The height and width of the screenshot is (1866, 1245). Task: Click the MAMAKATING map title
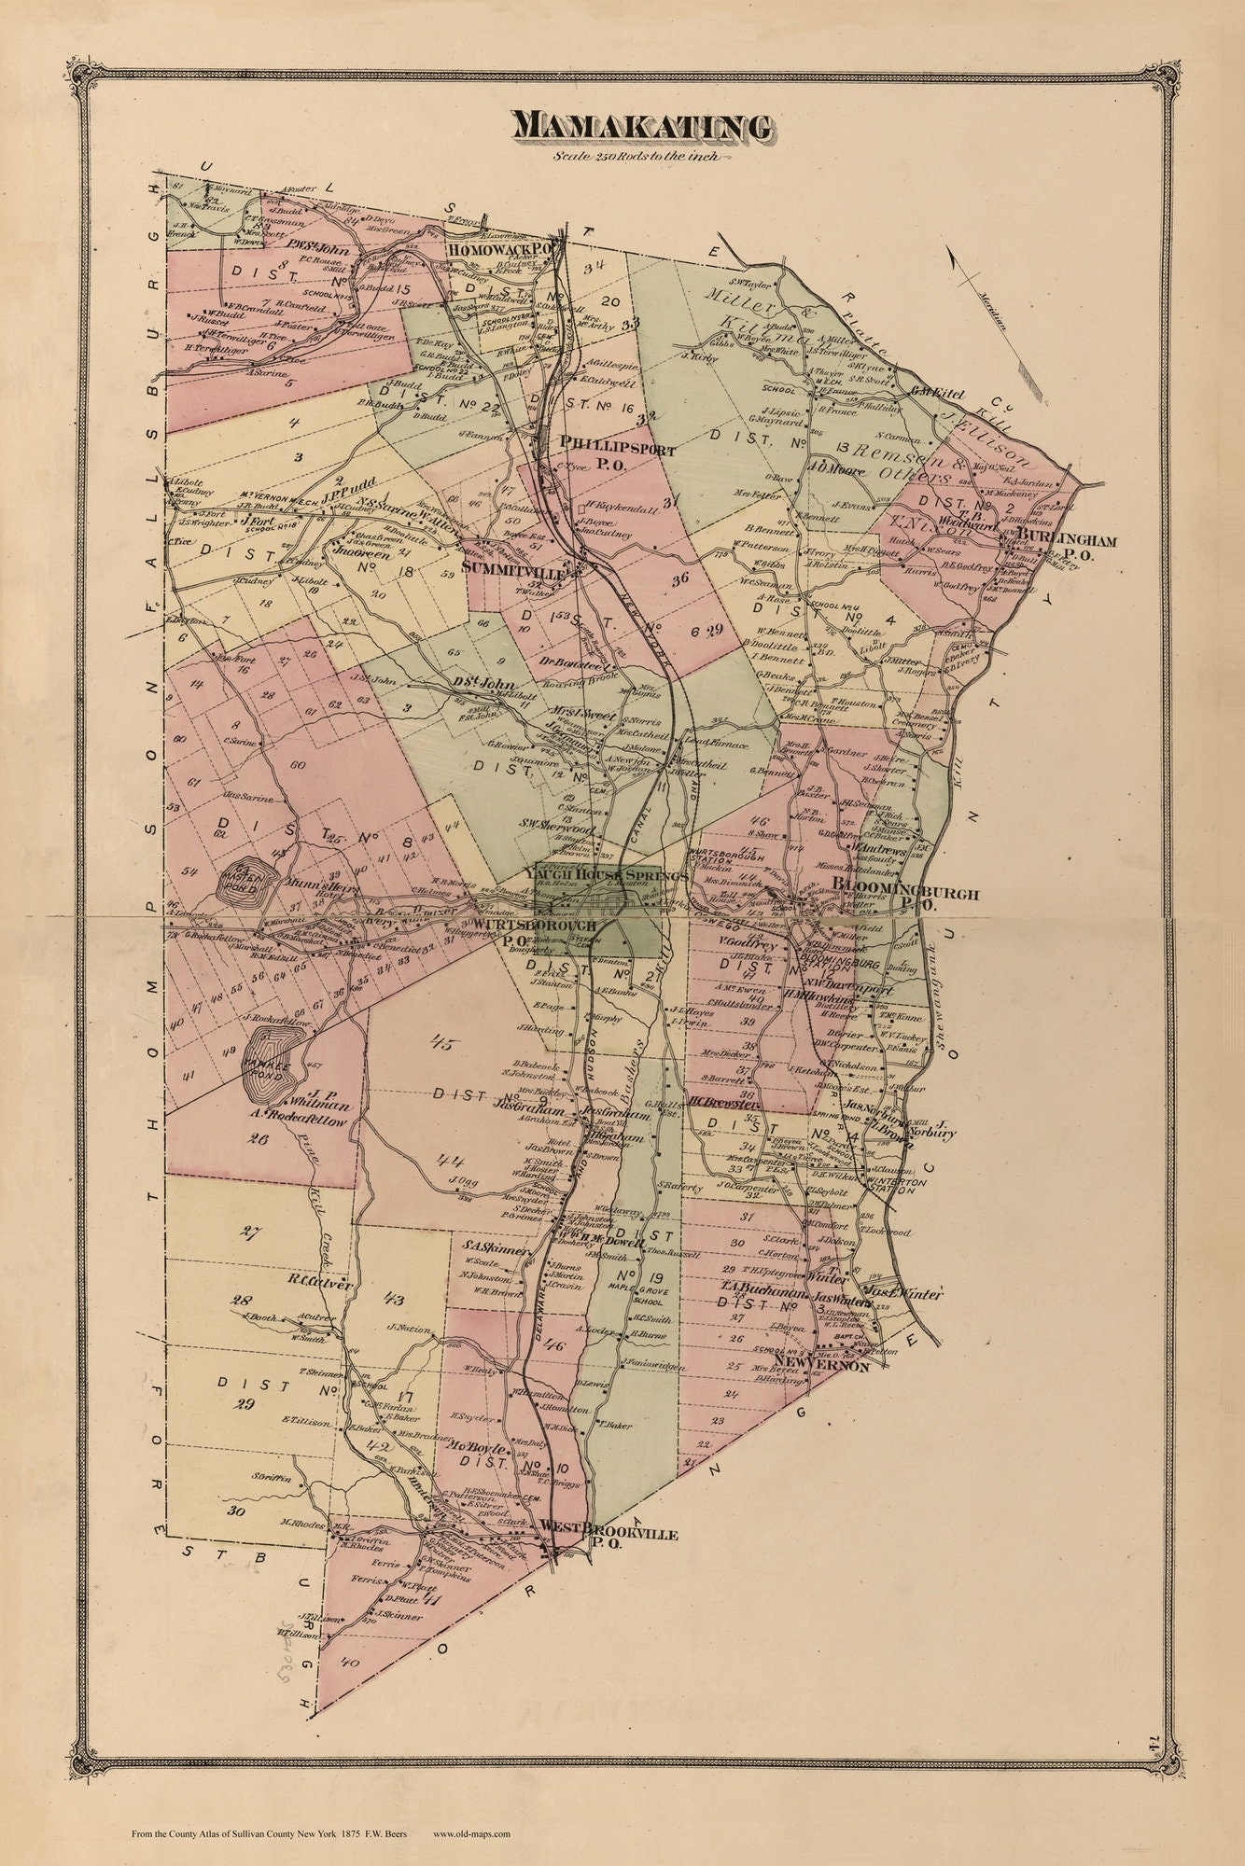[640, 127]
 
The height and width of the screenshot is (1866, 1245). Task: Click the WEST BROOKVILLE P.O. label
[607, 1535]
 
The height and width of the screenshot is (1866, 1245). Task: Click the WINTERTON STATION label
[897, 1184]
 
